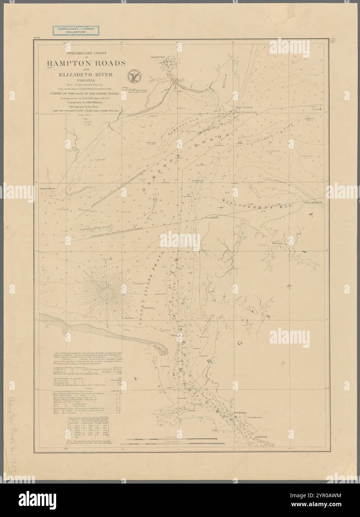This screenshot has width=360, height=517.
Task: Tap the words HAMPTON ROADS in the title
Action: (x=86, y=62)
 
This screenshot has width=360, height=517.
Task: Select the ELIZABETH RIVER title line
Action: (x=86, y=74)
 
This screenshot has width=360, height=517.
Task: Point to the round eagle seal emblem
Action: (x=132, y=76)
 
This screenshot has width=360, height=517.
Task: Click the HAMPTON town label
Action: (x=158, y=57)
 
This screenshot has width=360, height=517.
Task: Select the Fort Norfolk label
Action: (x=238, y=417)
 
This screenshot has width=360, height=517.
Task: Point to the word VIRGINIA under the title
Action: (x=86, y=80)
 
